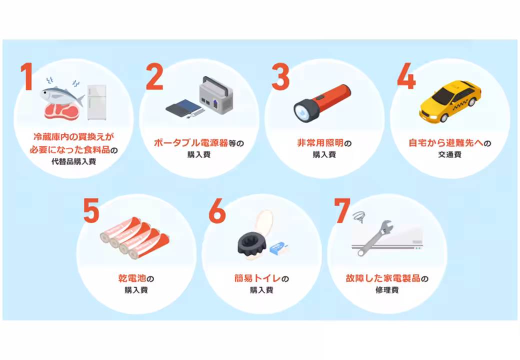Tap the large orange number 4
405,76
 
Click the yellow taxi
449,102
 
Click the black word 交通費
449,155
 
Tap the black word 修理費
386,290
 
